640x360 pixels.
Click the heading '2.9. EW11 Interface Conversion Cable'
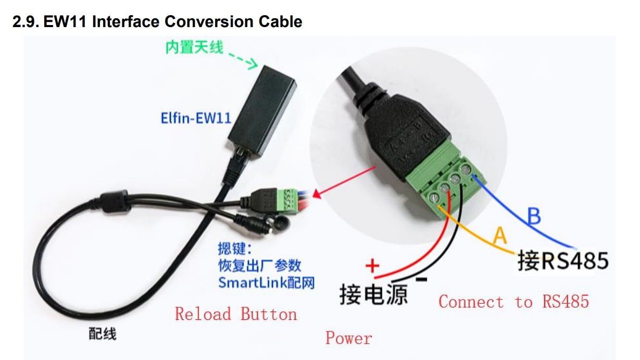coord(157,21)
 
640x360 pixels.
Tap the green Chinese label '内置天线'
coord(194,48)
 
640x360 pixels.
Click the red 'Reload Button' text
coord(235,314)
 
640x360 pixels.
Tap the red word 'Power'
coord(348,338)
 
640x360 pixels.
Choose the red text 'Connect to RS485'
coord(513,302)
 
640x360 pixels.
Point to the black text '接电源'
coord(373,294)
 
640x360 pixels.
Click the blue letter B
coord(534,216)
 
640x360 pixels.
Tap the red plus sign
coord(372,266)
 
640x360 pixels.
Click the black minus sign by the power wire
coord(422,280)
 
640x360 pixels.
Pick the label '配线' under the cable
coord(102,334)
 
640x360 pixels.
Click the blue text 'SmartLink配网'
coord(266,283)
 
